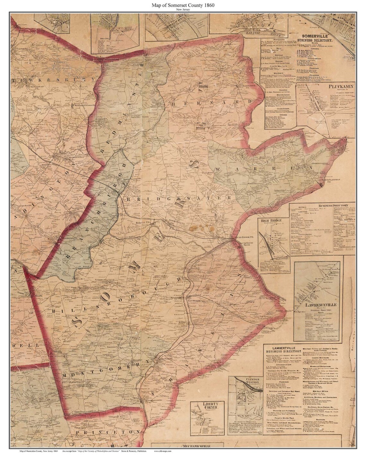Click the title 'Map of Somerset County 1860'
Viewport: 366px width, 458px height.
[x=183, y=5]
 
